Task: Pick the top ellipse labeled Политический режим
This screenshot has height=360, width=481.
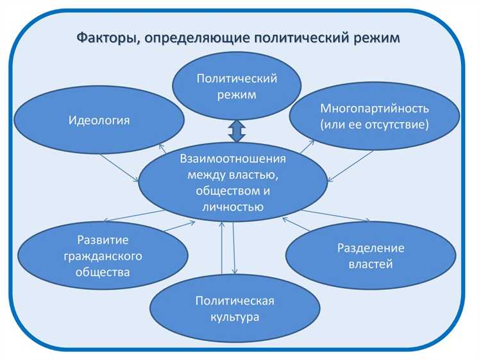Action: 237,87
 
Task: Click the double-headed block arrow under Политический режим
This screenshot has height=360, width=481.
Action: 237,130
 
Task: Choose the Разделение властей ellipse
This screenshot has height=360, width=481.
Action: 370,256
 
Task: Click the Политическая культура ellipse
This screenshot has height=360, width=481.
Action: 236,309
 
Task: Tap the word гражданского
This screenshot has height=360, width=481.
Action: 103,256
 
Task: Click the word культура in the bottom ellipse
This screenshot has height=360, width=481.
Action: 236,316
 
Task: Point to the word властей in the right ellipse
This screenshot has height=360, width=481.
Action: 370,264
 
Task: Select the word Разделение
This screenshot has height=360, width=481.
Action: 370,248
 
